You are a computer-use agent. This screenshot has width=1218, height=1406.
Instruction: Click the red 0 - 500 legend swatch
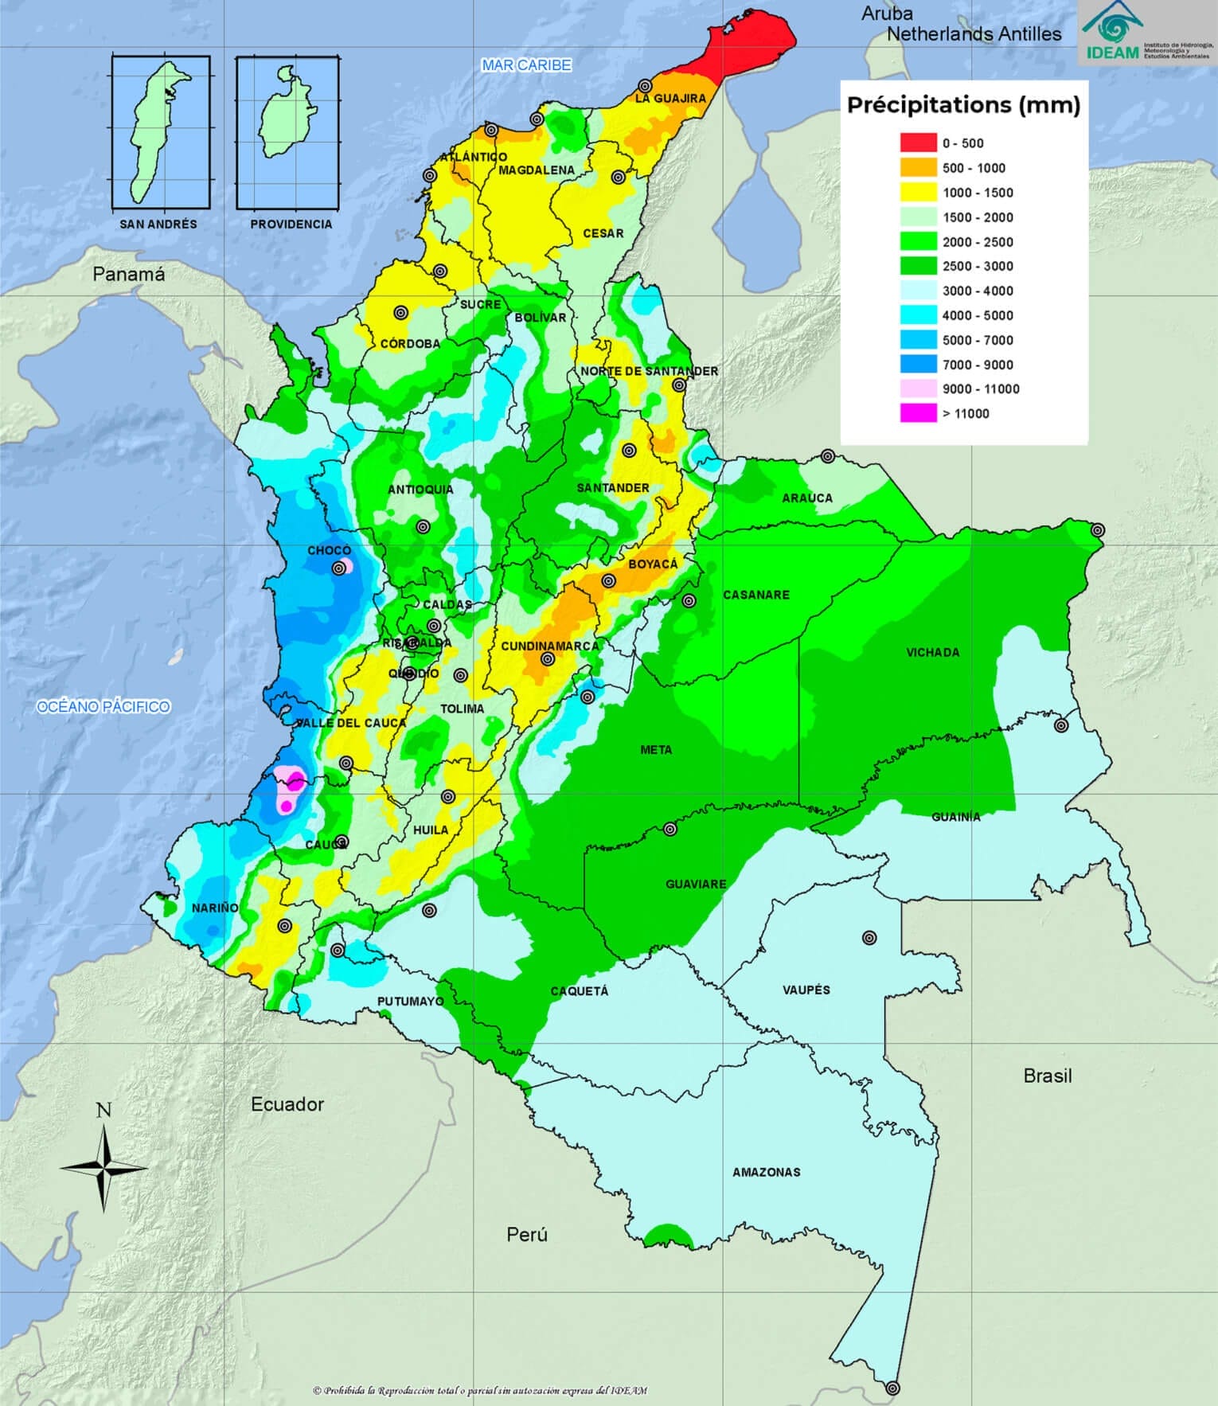918,143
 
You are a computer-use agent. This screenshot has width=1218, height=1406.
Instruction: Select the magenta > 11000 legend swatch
918,413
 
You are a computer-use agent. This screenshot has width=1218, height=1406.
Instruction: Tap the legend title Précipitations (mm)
963,105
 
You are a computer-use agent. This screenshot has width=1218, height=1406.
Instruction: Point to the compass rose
103,1167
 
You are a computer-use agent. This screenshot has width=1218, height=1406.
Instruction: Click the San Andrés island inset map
160,131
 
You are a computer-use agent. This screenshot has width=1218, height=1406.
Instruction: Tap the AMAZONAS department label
766,1172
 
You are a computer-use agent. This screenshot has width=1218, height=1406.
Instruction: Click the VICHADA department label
932,652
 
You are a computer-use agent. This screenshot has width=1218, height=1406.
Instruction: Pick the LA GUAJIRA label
670,98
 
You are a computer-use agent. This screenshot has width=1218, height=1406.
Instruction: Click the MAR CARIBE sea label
526,65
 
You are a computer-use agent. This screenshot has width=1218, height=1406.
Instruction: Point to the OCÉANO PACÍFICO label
103,706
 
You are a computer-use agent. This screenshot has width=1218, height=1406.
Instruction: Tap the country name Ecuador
287,1104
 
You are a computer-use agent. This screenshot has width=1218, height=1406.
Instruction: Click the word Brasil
1047,1076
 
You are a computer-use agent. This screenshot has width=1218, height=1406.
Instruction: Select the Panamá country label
129,275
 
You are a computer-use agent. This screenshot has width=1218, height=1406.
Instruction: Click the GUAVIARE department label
696,884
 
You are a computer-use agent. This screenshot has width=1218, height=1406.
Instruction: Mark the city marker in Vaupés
869,938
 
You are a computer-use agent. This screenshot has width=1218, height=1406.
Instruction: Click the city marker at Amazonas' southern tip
893,1388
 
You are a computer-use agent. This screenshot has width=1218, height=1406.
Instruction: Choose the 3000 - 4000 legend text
978,291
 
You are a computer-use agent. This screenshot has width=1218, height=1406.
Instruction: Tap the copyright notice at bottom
480,1390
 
